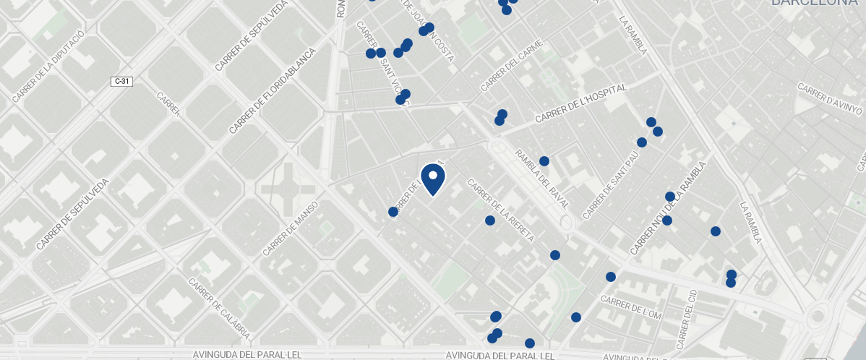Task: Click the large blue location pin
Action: pyautogui.click(x=432, y=179)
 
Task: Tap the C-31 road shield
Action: pyautogui.click(x=121, y=82)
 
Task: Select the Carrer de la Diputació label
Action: pyautogui.click(x=48, y=66)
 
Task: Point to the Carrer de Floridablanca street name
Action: pyautogui.click(x=273, y=91)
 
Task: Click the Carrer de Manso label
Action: pyautogui.click(x=291, y=228)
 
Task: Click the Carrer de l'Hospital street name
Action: pyautogui.click(x=580, y=104)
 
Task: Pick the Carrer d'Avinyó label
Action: pyautogui.click(x=830, y=99)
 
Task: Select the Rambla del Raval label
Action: pyautogui.click(x=542, y=179)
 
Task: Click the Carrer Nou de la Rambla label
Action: pyautogui.click(x=667, y=208)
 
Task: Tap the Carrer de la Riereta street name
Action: pyautogui.click(x=500, y=210)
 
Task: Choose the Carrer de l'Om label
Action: pyautogui.click(x=631, y=307)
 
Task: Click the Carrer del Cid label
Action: pyautogui.click(x=687, y=318)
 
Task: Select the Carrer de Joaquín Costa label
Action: pyautogui.click(x=426, y=30)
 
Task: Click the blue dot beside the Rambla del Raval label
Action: pyautogui.click(x=544, y=161)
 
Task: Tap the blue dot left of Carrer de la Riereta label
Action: pyautogui.click(x=490, y=220)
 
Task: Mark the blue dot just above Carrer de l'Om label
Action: pyautogui.click(x=611, y=277)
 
